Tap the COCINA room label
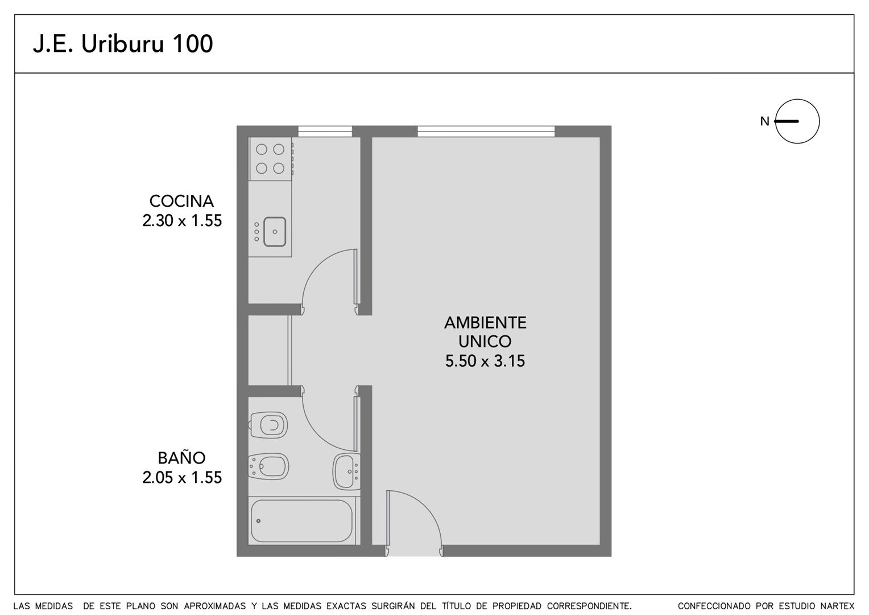[181, 201]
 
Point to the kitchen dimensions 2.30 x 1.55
[182, 221]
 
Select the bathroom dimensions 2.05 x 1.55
[182, 477]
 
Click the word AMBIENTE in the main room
[485, 322]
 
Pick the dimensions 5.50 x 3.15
[485, 361]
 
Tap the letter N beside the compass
[765, 122]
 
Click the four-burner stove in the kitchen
[270, 159]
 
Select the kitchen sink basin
[275, 232]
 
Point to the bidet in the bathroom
[268, 466]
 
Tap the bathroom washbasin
[346, 471]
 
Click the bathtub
[301, 521]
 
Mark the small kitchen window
[325, 132]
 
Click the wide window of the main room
[486, 132]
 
